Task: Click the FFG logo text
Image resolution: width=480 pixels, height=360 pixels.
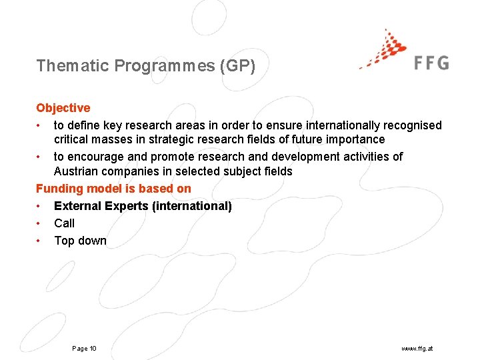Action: click(431, 63)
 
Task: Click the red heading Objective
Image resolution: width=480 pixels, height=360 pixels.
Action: click(63, 108)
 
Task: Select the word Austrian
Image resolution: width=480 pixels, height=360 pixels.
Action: click(77, 171)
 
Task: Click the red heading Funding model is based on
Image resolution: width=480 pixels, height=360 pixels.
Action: click(113, 189)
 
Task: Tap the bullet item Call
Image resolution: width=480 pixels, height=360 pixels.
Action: click(64, 223)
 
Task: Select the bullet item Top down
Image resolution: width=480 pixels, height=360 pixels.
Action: click(80, 241)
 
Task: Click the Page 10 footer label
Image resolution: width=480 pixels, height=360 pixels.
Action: click(84, 349)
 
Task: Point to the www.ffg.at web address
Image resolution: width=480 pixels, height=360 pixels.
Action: click(417, 349)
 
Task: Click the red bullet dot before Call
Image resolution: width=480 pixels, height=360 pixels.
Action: click(41, 223)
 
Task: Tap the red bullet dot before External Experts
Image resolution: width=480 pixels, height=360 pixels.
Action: click(41, 206)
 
